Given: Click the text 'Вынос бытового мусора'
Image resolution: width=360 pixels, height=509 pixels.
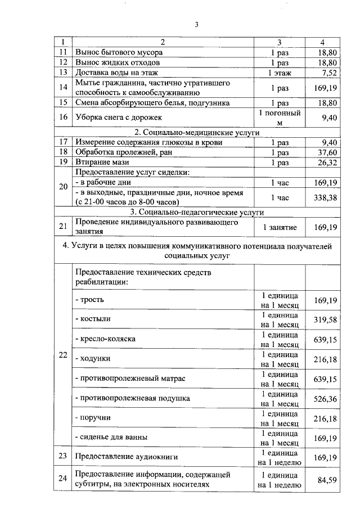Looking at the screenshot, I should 119,52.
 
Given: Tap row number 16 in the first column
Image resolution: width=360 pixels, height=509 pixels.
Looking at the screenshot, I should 64,118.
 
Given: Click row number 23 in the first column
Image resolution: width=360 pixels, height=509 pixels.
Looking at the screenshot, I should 64,456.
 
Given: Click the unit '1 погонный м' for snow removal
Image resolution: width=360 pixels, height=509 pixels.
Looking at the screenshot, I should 280,118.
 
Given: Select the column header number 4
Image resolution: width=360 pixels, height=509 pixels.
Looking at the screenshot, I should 322,42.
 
